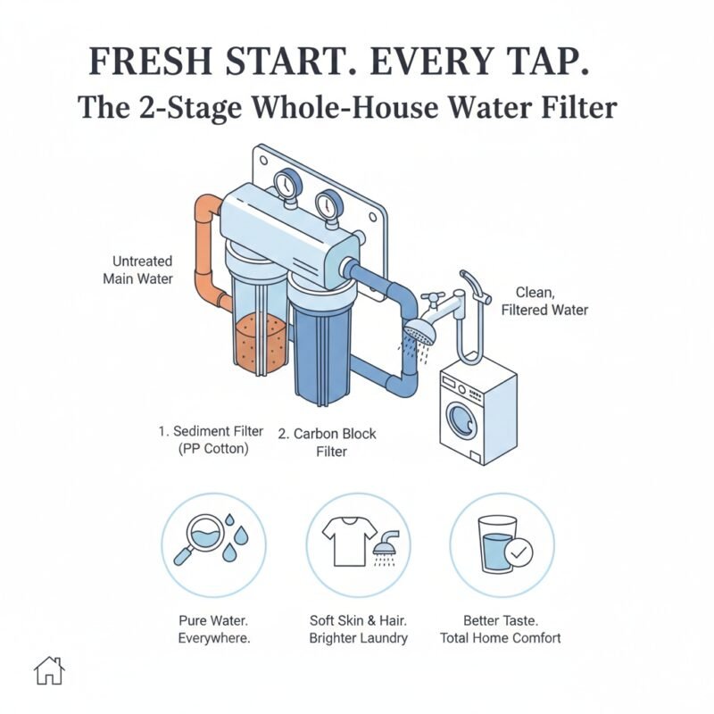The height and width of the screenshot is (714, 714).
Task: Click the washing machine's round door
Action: tap(462, 416)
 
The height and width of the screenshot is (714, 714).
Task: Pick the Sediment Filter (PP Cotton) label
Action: tap(211, 439)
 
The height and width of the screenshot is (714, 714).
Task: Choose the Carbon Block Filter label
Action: tap(327, 443)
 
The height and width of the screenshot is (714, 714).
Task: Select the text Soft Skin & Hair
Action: tap(358, 620)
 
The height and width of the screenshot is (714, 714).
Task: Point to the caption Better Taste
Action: tap(500, 620)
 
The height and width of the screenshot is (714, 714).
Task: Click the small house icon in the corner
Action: tap(50, 670)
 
